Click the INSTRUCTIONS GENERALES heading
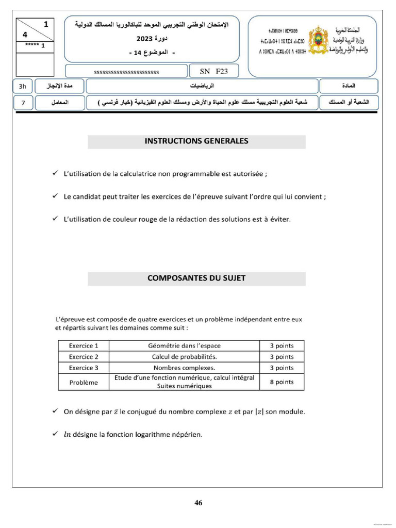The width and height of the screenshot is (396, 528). click(196, 141)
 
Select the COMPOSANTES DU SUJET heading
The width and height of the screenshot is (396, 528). click(196, 278)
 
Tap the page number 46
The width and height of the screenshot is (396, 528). click(199, 503)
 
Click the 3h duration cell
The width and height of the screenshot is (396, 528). click(23, 86)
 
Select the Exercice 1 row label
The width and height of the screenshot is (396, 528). click(84, 345)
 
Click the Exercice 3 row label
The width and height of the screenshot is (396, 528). click(84, 368)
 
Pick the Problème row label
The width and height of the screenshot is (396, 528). click(84, 382)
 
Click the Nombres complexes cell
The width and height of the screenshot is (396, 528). click(184, 368)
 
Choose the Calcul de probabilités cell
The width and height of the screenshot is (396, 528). click(184, 357)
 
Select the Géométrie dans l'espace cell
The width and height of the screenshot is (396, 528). click(184, 345)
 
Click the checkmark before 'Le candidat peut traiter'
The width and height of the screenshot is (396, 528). click(55, 196)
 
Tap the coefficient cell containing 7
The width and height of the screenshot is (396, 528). click(23, 103)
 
